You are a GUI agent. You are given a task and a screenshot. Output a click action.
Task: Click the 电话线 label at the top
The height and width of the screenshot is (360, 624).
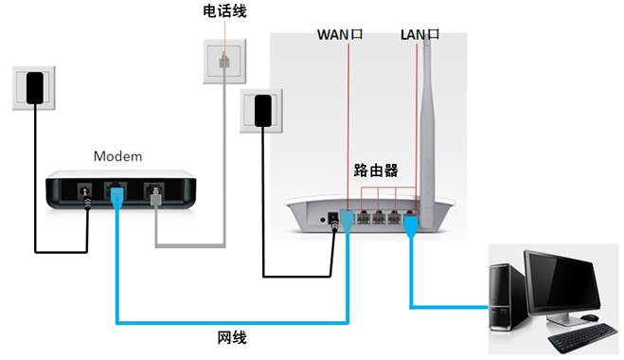point(226,11)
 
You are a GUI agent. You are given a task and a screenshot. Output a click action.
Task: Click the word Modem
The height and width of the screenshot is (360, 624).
point(116,154)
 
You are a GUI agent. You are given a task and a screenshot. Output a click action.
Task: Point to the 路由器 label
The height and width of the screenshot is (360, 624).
point(375,171)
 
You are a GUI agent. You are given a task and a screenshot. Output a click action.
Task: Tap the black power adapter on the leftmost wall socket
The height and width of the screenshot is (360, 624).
point(36,87)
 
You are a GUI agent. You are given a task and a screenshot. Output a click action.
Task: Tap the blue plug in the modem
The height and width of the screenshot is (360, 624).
point(117,197)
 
